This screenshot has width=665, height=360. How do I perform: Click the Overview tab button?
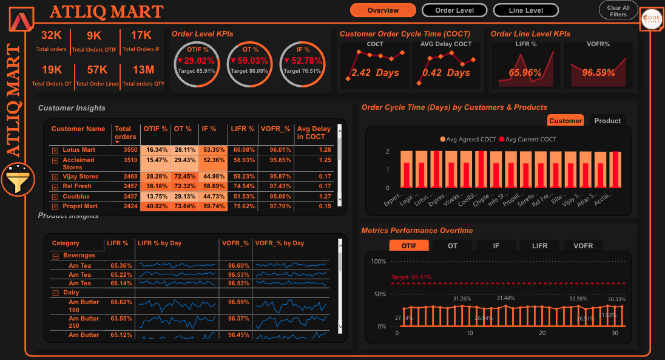pos(383,10)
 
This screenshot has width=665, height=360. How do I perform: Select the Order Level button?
pos(454,10)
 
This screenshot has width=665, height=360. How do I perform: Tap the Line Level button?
pos(525,10)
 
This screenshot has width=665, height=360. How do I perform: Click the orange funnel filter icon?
pos(17,180)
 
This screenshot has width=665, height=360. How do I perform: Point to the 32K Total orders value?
pos(52,36)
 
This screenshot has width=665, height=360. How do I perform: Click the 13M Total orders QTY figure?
pos(143,71)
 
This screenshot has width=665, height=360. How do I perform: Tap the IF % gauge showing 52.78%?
pos(303,61)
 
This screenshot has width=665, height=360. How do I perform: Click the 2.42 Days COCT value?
pos(375,73)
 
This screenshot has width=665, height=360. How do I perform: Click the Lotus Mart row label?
pos(79,150)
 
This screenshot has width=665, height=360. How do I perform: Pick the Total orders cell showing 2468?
pos(127,177)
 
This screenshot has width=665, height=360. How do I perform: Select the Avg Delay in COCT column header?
pos(314,132)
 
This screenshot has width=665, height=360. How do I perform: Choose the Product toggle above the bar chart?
pos(607,121)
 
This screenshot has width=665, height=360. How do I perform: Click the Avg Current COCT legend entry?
pos(527,140)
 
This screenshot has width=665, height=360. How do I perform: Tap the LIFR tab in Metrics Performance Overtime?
pos(539,246)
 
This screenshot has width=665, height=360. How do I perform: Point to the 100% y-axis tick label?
pos(379,262)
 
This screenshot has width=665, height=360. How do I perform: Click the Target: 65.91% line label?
pos(411,277)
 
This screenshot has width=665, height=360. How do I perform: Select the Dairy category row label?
pos(72,293)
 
